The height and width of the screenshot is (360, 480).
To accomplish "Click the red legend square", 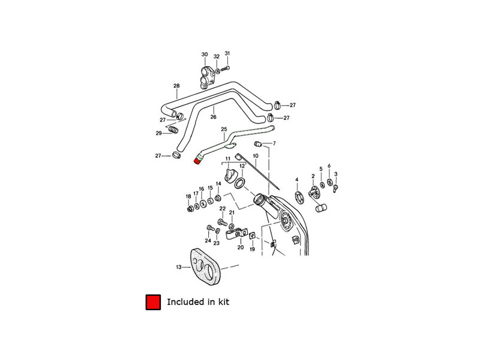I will point(152,302).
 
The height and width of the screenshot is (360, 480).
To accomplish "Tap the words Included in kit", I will point(198,302).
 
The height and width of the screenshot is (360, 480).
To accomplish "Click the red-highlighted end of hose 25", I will point(198,160).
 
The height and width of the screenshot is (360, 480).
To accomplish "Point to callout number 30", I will point(205,55).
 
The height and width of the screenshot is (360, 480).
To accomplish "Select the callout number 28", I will point(176,86).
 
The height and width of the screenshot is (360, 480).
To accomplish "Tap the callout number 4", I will point(296,179).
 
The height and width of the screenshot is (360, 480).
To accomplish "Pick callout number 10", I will point(255,155).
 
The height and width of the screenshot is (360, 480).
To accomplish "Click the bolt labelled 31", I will point(224,69).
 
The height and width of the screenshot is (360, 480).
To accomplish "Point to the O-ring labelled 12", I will point(239,182).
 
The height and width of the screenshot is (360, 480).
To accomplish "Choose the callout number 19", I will point(252,249).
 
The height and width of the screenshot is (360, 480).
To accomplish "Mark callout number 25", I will point(224,129).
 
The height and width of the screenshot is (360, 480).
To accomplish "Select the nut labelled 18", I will point(189,209).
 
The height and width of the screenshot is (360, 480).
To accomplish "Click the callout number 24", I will point(208,240).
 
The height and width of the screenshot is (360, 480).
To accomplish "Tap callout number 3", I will point(335,175).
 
